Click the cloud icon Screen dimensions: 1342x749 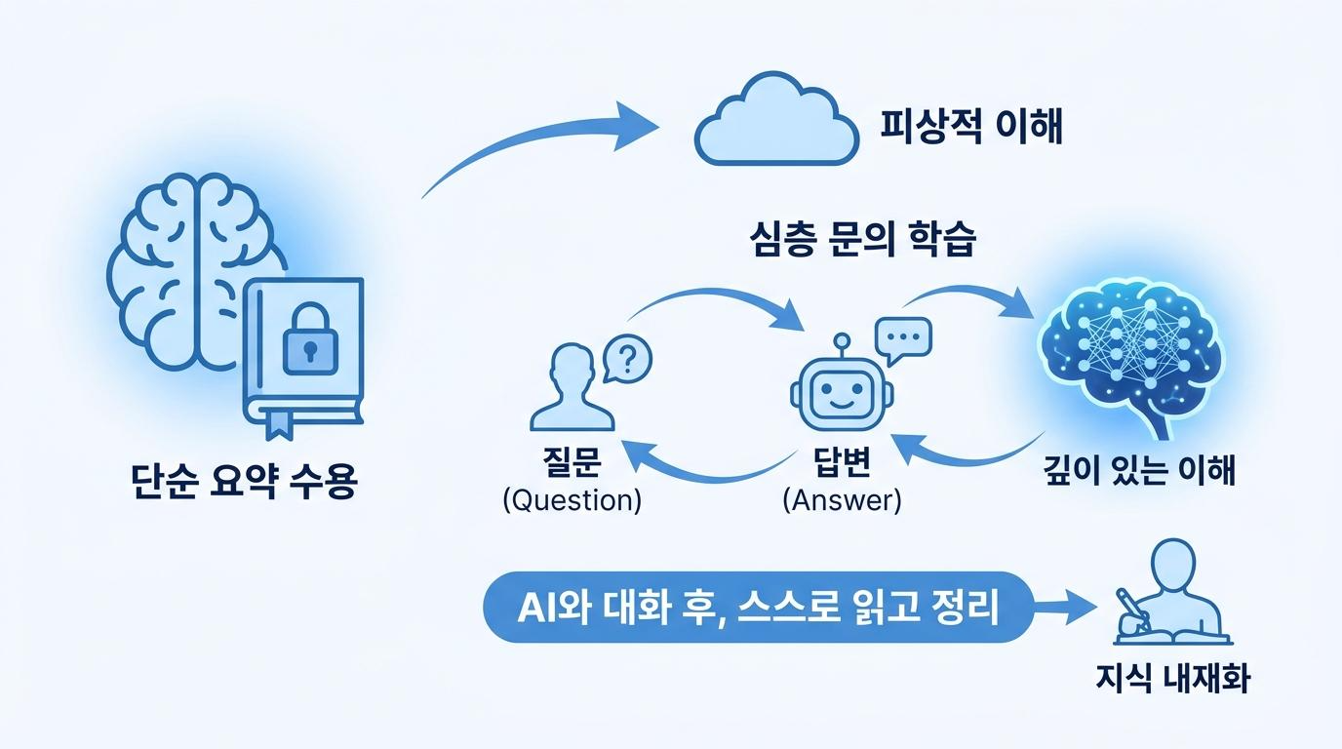coord(777,120)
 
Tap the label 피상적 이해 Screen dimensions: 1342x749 coord(971,127)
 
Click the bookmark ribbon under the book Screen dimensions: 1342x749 coord(279,424)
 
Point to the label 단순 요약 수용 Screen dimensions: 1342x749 coord(245,481)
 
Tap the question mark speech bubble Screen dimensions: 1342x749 coord(627,359)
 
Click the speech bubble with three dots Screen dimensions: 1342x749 coord(903,339)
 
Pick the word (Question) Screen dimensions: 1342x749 coord(572,500)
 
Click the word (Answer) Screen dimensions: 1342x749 coord(842,500)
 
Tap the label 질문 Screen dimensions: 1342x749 coord(572,461)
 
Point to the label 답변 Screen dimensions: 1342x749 coord(842,461)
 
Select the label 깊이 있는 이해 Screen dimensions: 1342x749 coord(1139,470)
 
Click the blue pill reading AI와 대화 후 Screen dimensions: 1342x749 coord(758,607)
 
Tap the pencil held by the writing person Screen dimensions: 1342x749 coord(1133,609)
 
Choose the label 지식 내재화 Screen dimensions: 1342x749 coord(1173,679)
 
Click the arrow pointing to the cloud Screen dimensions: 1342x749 coord(539,134)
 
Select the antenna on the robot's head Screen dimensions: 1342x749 coord(842,346)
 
